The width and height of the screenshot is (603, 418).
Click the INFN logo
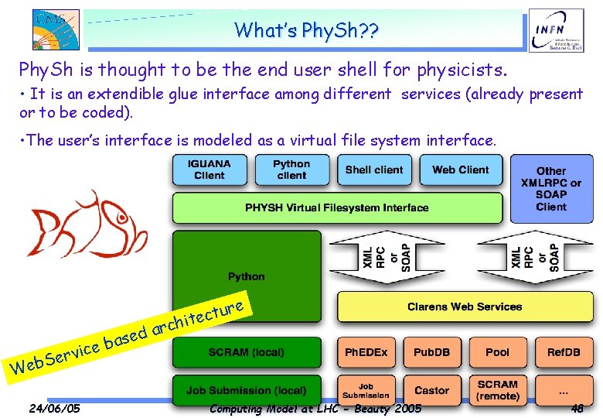click(556, 31)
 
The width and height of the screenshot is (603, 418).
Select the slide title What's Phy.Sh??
click(307, 30)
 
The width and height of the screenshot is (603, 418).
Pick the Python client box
click(291, 170)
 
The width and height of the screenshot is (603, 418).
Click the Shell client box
click(374, 170)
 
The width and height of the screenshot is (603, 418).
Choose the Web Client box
click(460, 170)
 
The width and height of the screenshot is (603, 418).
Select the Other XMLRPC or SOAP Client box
click(551, 188)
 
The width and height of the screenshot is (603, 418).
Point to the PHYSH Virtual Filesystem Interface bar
click(336, 207)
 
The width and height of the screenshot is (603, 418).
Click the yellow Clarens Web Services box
click(465, 307)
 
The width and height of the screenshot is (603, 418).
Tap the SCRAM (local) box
click(246, 352)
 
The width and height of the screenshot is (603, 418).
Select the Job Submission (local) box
click(246, 391)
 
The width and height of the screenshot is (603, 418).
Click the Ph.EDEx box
click(366, 352)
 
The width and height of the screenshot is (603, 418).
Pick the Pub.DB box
click(432, 352)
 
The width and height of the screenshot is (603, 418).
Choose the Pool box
click(498, 352)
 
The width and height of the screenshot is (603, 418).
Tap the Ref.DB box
click(564, 352)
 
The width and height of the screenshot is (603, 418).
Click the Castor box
click(432, 391)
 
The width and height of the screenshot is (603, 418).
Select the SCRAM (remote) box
click(498, 391)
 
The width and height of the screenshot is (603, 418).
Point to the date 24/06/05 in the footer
click(54, 408)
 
